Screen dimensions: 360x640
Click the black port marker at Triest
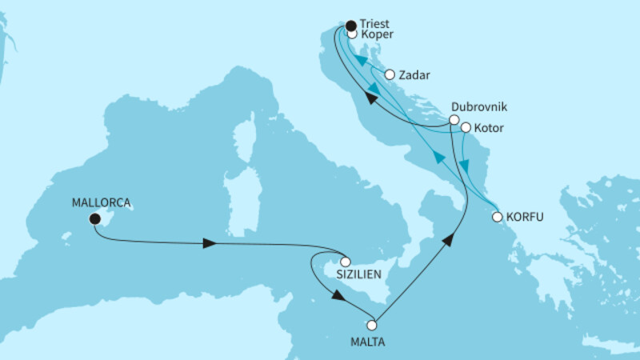350,26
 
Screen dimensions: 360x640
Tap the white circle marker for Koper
352,34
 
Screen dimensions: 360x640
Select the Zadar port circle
390,75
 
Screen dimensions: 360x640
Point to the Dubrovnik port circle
454,120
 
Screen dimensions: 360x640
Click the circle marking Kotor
466,127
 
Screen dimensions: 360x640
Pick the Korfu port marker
497,217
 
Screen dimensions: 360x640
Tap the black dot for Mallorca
94,218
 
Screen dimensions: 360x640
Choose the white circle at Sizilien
346,261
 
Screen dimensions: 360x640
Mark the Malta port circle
371,325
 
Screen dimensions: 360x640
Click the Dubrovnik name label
480,106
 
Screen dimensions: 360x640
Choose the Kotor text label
490,128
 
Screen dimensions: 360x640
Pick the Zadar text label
416,76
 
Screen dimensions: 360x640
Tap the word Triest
377,25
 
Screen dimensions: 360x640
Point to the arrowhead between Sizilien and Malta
338,295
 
